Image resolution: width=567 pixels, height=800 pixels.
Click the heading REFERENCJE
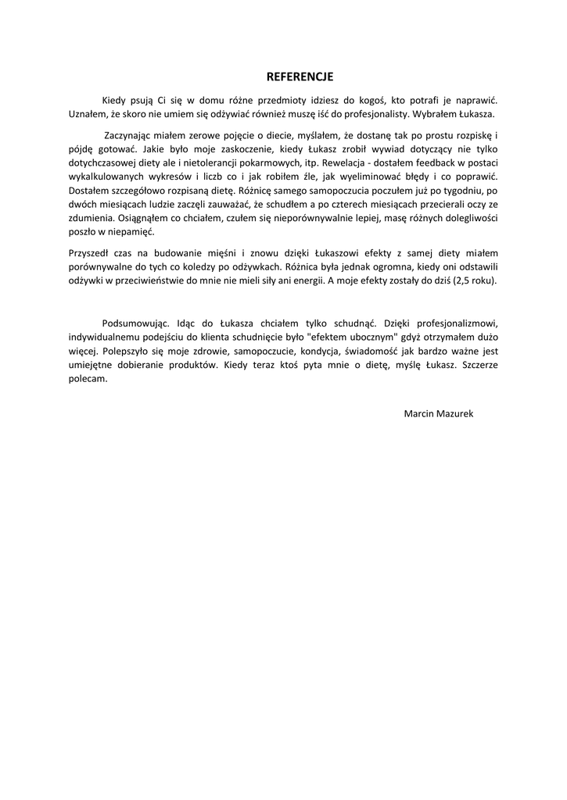(x=300, y=77)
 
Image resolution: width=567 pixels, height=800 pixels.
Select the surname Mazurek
(x=455, y=412)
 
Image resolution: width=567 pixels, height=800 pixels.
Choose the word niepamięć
(x=129, y=231)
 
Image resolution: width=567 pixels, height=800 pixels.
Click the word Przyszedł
(x=90, y=253)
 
